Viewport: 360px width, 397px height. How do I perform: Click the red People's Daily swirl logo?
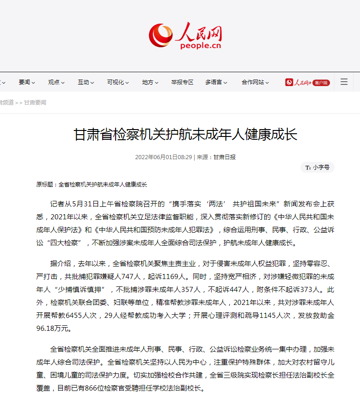(160, 35)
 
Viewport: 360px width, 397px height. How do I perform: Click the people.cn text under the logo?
(201, 45)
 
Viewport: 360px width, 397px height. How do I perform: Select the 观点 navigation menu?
(56, 82)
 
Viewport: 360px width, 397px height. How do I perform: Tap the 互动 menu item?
(86, 82)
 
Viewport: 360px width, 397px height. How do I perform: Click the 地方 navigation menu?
(151, 82)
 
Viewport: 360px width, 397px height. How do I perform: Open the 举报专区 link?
(182, 82)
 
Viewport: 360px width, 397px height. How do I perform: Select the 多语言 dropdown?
(216, 82)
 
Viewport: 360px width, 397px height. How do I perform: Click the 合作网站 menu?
(256, 82)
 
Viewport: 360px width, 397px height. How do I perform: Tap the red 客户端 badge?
(321, 83)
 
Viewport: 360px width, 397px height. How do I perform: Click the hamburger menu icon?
(344, 82)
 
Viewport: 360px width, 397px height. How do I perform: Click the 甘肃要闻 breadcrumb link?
(35, 103)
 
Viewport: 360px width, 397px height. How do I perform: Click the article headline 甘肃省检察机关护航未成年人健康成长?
(185, 135)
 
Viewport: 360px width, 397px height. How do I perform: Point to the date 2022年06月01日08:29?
(163, 157)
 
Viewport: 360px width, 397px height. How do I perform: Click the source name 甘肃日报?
(224, 157)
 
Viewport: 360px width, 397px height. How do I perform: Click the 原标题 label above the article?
(46, 185)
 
